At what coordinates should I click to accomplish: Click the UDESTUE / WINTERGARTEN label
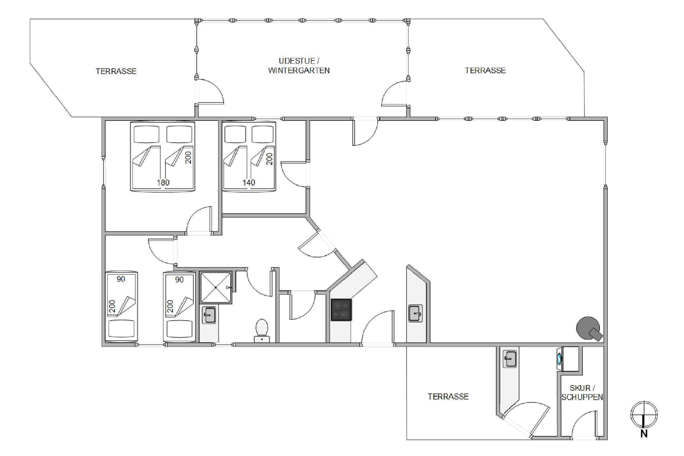[299, 66]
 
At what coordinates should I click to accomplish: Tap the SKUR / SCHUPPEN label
[582, 393]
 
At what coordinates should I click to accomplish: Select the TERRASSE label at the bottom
[448, 397]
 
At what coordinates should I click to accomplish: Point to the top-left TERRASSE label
[116, 71]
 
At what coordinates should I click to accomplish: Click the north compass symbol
[644, 419]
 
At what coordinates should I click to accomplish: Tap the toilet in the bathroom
[262, 331]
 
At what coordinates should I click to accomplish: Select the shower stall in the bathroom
[216, 287]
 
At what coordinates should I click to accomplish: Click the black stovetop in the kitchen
[341, 310]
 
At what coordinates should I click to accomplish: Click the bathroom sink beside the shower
[209, 315]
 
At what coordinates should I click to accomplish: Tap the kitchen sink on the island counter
[415, 313]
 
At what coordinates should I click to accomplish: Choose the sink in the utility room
[509, 359]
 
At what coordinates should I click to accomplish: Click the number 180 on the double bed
[163, 183]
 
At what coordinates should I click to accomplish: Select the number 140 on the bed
[249, 183]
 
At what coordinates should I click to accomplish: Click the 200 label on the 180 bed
[188, 158]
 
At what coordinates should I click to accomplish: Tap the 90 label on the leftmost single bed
[121, 279]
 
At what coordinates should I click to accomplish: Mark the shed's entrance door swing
[584, 424]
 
